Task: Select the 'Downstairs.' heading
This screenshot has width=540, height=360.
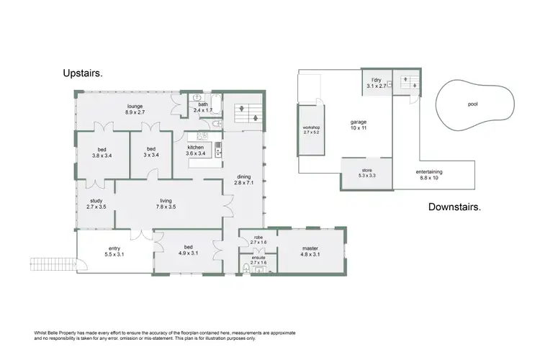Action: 454,207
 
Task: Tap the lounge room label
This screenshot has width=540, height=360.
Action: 135,109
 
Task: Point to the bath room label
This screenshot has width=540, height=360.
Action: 204,107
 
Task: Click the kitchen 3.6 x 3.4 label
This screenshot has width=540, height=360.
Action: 197,150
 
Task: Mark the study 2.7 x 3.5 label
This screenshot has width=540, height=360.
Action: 96,204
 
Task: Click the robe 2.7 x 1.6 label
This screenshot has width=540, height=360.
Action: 257,239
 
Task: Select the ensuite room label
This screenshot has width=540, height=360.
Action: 257,260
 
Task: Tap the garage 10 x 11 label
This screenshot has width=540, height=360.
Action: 358,125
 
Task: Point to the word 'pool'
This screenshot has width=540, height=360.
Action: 472,104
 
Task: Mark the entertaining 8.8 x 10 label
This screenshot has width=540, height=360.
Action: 429,174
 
